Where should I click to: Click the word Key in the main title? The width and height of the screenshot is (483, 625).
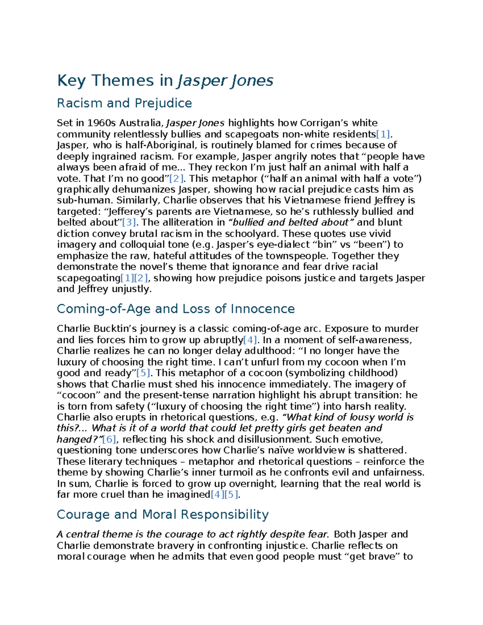click(x=71, y=80)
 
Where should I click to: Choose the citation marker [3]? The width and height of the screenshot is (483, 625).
click(x=129, y=223)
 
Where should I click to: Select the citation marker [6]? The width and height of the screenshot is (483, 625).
click(x=109, y=439)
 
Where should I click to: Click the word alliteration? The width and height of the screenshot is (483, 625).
click(x=188, y=223)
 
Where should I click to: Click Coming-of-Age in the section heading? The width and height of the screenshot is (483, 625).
click(x=103, y=309)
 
